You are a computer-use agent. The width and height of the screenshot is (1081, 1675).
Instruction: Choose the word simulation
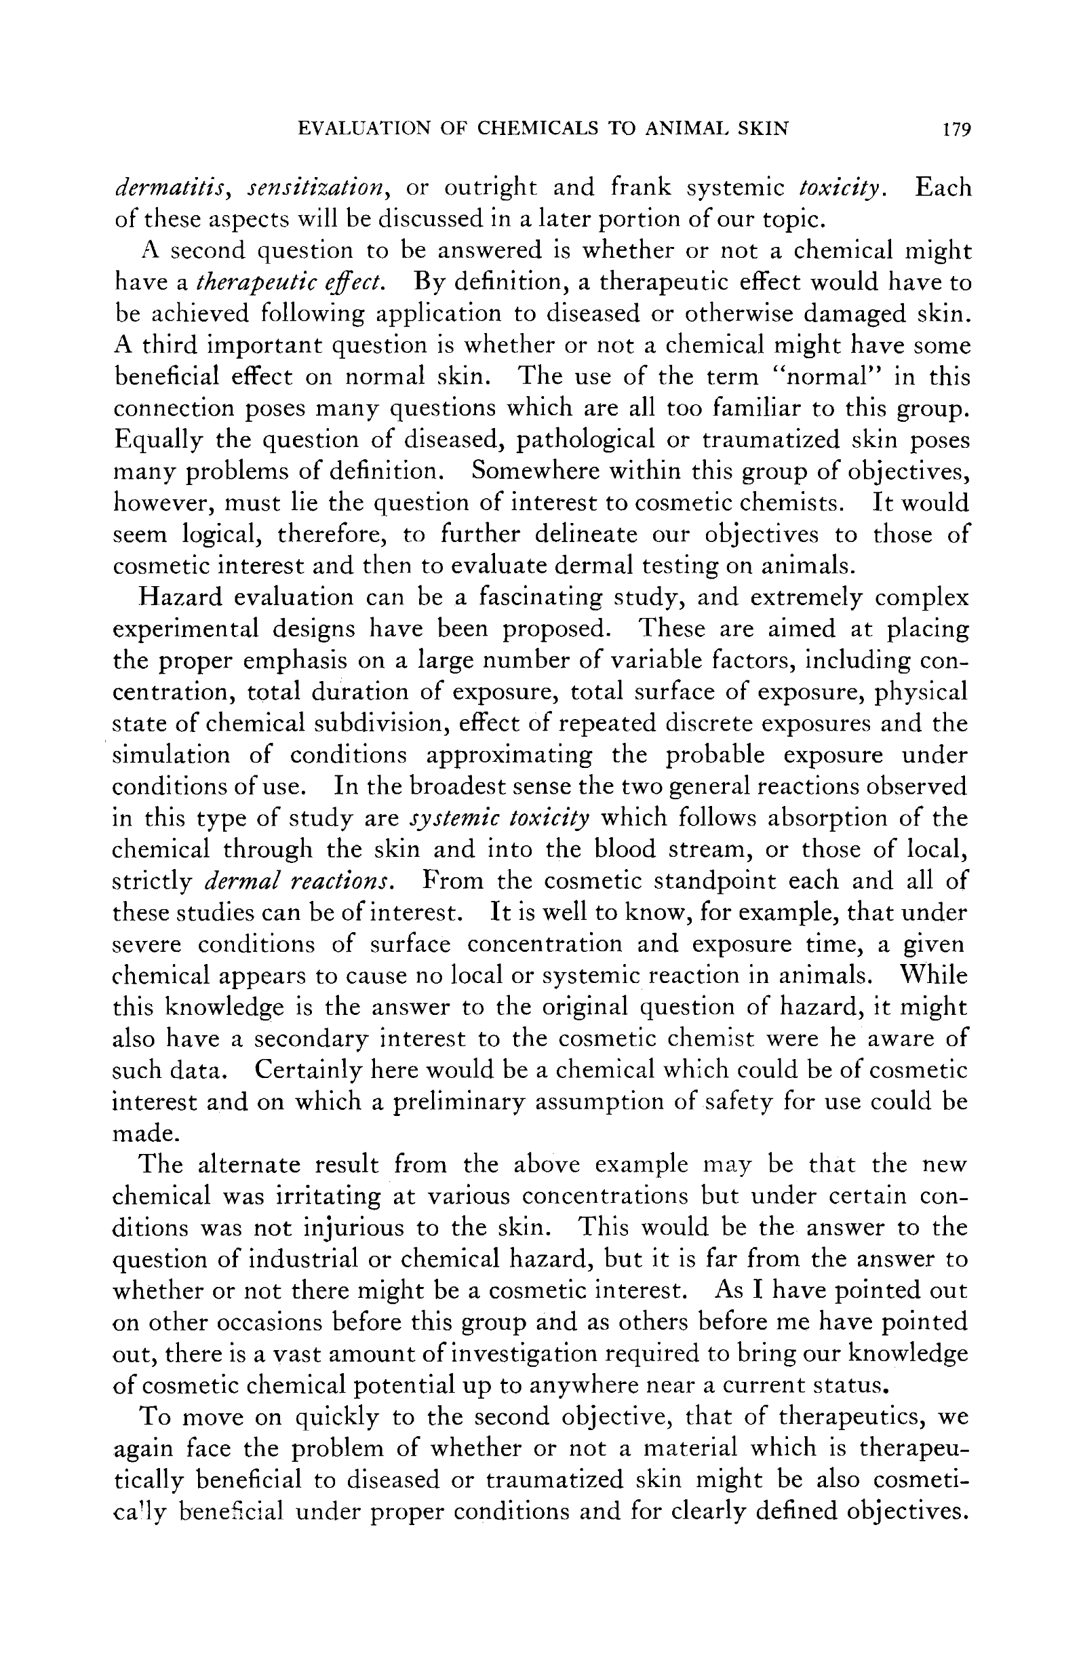pyautogui.click(x=172, y=756)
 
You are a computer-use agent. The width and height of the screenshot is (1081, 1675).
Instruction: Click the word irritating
pyautogui.click(x=327, y=1197)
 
